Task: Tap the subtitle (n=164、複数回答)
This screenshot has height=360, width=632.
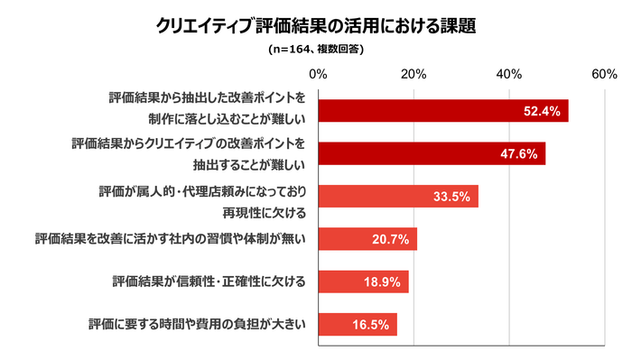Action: click(x=316, y=50)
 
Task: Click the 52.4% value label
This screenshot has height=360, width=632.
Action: click(x=542, y=111)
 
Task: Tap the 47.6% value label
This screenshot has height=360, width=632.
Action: click(x=519, y=153)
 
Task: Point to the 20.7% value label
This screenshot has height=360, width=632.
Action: click(x=391, y=239)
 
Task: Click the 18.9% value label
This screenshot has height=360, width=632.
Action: click(x=383, y=282)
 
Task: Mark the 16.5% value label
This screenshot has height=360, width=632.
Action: click(x=371, y=324)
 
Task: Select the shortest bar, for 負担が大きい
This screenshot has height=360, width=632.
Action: click(x=358, y=324)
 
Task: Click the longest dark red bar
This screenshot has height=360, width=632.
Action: click(x=442, y=111)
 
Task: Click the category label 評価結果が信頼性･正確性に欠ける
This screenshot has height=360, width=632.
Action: click(x=209, y=282)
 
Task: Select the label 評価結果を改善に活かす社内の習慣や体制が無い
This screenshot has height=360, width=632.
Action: click(x=172, y=239)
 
